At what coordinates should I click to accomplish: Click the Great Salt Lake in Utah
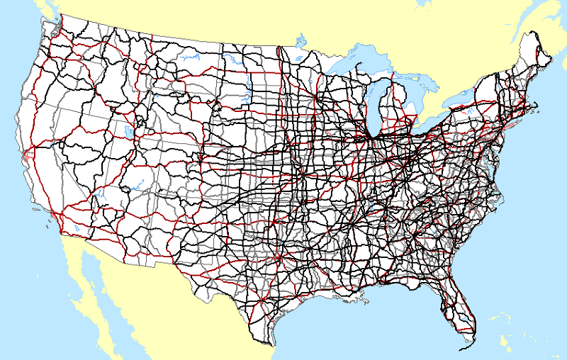tap(128, 132)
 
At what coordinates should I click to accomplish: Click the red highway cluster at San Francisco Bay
tap(27, 152)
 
